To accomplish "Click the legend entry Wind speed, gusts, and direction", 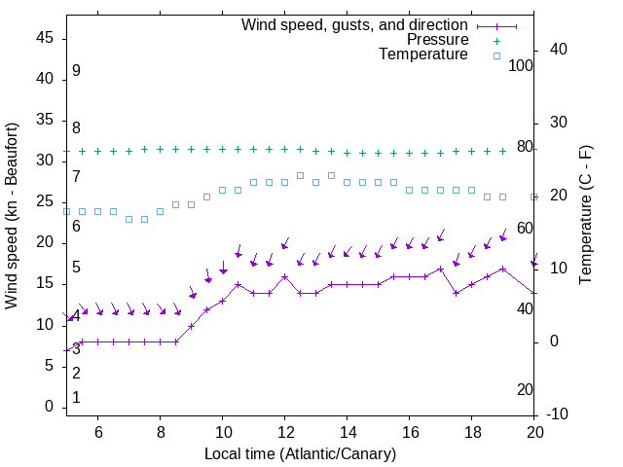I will click(x=355, y=24).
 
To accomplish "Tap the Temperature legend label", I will click(x=423, y=54).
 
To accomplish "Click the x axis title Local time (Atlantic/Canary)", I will click(x=300, y=453).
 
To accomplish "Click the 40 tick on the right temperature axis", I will click(x=559, y=50).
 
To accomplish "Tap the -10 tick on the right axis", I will click(x=559, y=414).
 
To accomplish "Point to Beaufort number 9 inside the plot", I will click(x=76, y=71).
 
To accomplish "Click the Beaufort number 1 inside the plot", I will click(x=76, y=398).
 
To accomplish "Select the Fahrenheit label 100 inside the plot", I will click(x=521, y=65).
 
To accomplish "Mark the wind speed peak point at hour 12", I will click(x=284, y=276).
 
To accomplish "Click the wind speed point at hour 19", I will click(x=503, y=269).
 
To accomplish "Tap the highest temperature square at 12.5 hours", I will click(x=300, y=175).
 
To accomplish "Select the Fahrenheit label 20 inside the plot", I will click(x=525, y=389).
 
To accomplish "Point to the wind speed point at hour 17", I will click(x=441, y=269).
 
